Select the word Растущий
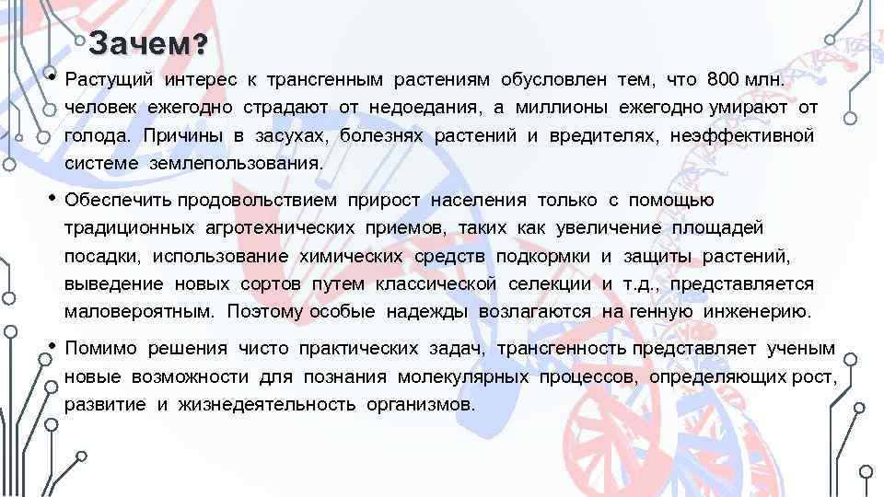(x=102, y=80)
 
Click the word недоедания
(x=425, y=109)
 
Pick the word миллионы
(x=562, y=109)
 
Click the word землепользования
(x=237, y=164)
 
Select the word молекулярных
(x=463, y=377)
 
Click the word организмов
(x=421, y=405)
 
